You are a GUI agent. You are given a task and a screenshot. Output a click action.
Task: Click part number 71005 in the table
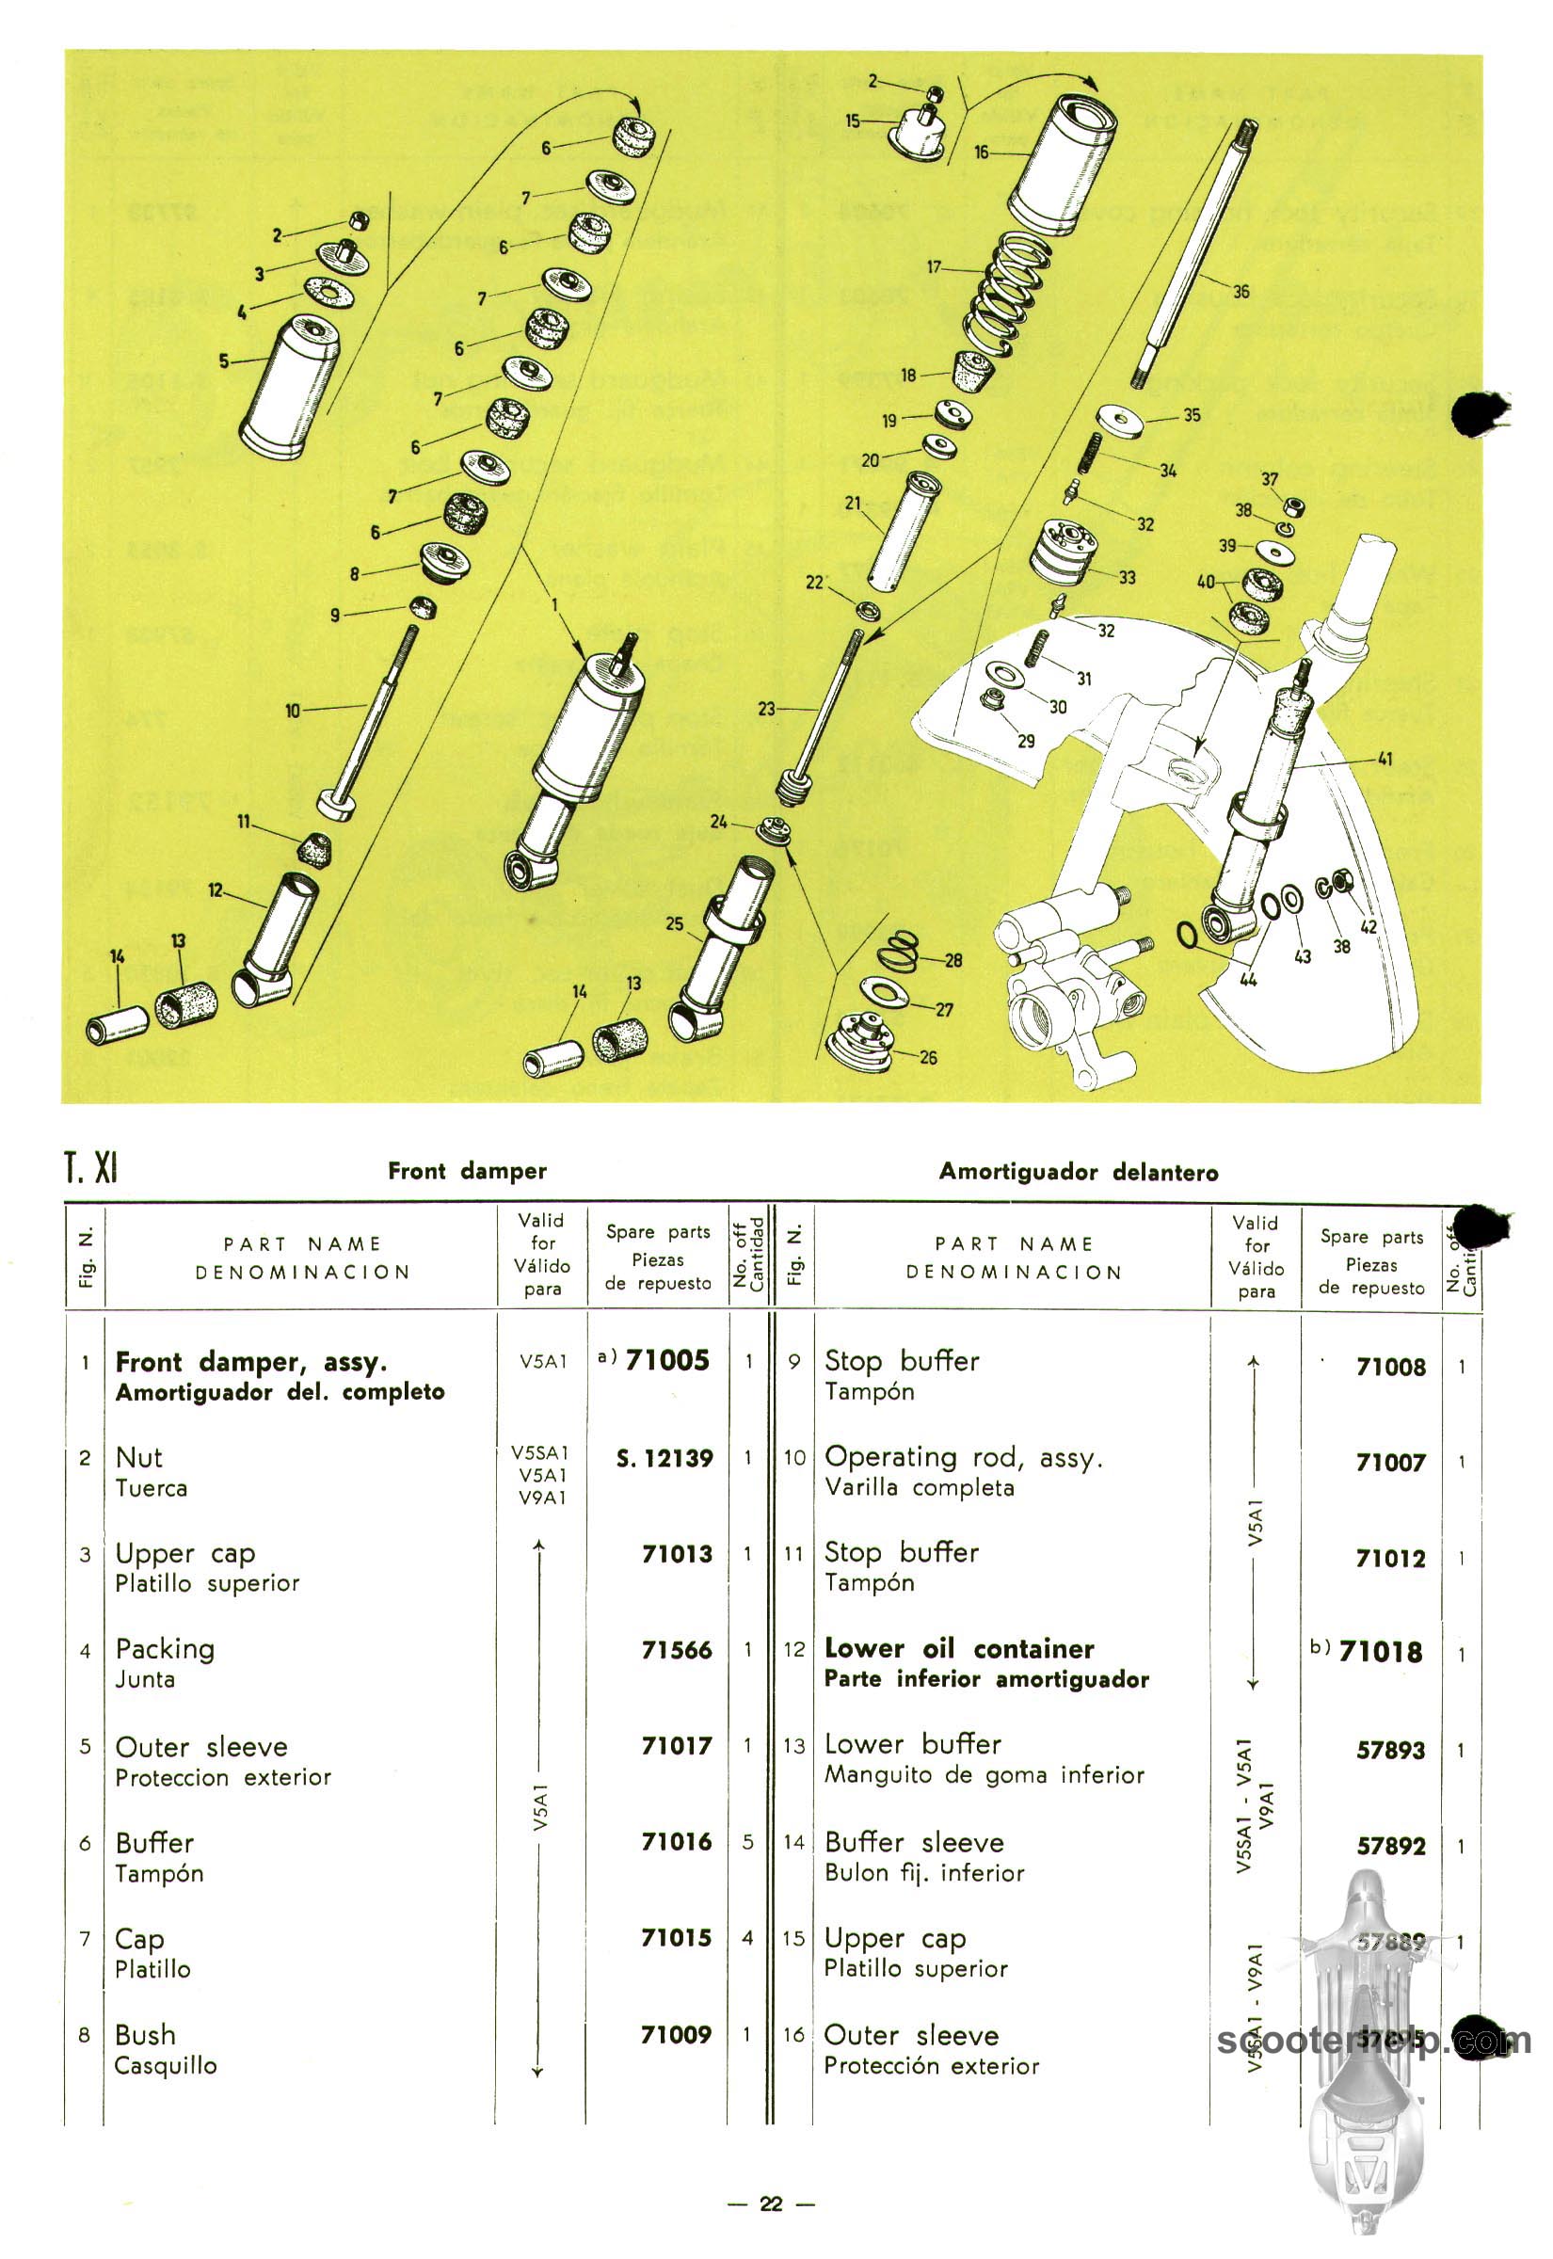(666, 1360)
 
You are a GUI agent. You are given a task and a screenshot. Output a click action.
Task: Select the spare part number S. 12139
(664, 1458)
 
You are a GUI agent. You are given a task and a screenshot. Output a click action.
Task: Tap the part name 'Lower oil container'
(958, 1648)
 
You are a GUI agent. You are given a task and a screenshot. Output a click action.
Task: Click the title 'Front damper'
(467, 1170)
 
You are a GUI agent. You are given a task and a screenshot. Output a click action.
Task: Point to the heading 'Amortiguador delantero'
(1078, 1171)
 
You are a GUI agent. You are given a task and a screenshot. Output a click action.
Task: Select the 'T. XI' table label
(90, 1167)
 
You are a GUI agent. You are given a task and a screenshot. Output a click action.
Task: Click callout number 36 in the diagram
(1241, 291)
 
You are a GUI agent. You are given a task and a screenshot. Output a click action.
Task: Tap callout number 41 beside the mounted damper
(1385, 759)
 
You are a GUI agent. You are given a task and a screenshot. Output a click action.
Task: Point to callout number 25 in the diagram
(674, 923)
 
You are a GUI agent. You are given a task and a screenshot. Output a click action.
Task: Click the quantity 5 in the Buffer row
(747, 1842)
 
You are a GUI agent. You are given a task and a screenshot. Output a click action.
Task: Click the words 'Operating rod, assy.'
(963, 1457)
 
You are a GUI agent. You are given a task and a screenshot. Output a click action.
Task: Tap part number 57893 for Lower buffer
(1390, 1750)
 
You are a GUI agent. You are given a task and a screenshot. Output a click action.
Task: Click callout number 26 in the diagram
(928, 1058)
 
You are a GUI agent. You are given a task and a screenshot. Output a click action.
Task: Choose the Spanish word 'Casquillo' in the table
(166, 2065)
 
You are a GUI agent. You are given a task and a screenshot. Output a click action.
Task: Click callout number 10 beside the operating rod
(293, 712)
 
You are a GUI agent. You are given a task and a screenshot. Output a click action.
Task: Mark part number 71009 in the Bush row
(677, 2034)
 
